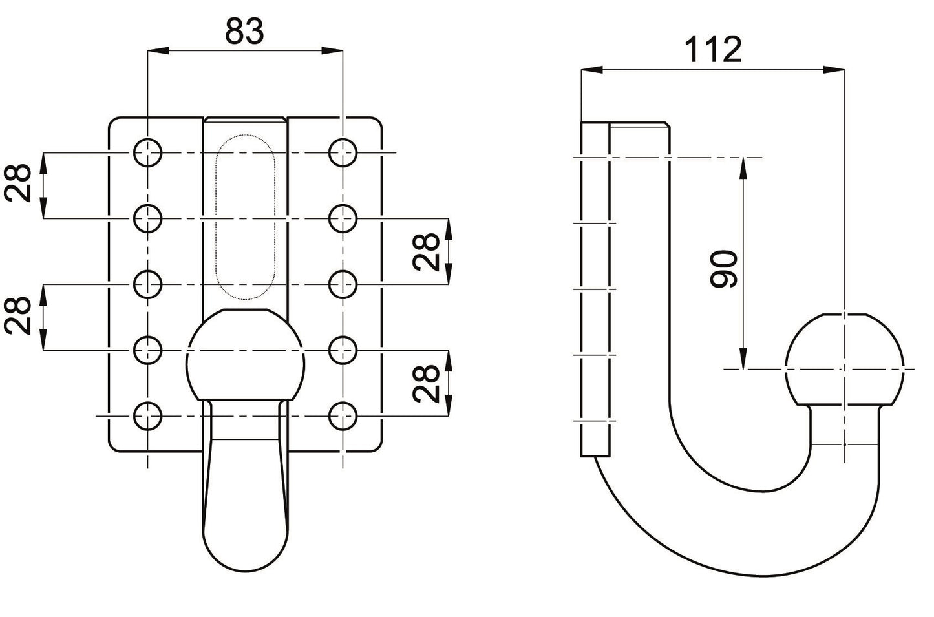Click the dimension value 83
[244, 31]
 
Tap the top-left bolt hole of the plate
[148, 153]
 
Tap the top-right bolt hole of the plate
[343, 153]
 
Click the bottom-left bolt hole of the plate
[148, 416]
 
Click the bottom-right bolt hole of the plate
[343, 416]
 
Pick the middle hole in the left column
[148, 284]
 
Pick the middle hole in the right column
[343, 284]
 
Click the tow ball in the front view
[245, 355]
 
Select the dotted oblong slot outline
[245, 216]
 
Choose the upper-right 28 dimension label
[428, 251]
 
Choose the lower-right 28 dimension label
[428, 383]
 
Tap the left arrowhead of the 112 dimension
[588, 69]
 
